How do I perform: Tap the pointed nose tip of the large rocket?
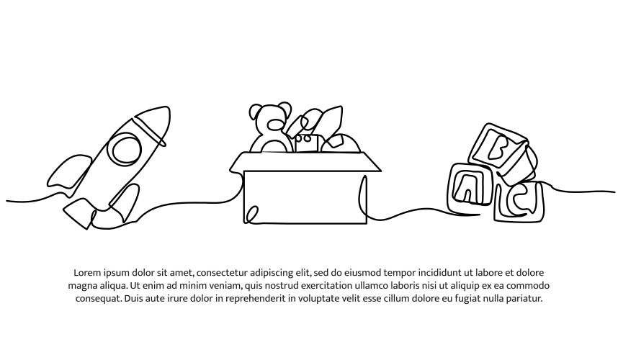click(165, 113)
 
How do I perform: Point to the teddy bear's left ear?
click(256, 112)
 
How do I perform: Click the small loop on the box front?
click(253, 213)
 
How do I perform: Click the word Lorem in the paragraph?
click(86, 273)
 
